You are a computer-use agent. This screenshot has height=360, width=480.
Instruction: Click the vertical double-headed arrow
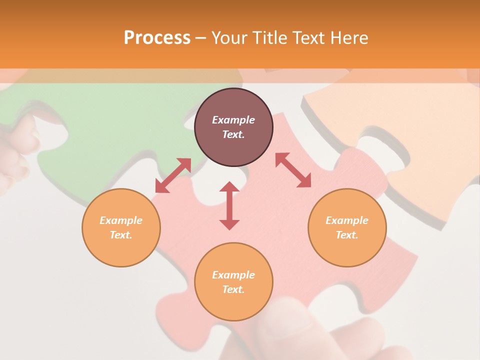[229, 205]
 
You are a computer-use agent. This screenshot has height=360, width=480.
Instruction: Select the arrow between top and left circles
[173, 175]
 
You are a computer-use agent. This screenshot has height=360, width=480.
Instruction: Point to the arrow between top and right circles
[293, 170]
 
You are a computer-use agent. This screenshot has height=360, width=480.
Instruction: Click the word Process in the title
[157, 37]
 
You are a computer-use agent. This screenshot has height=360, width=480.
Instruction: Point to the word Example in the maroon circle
[233, 120]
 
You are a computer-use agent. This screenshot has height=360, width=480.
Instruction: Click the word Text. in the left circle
[121, 235]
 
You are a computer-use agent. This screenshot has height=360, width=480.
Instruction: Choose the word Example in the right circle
[347, 220]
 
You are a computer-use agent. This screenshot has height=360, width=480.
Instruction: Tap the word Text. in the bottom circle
[233, 289]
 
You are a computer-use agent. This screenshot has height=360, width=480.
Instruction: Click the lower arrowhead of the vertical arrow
[229, 224]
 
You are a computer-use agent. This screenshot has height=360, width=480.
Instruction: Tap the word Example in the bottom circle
[233, 275]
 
